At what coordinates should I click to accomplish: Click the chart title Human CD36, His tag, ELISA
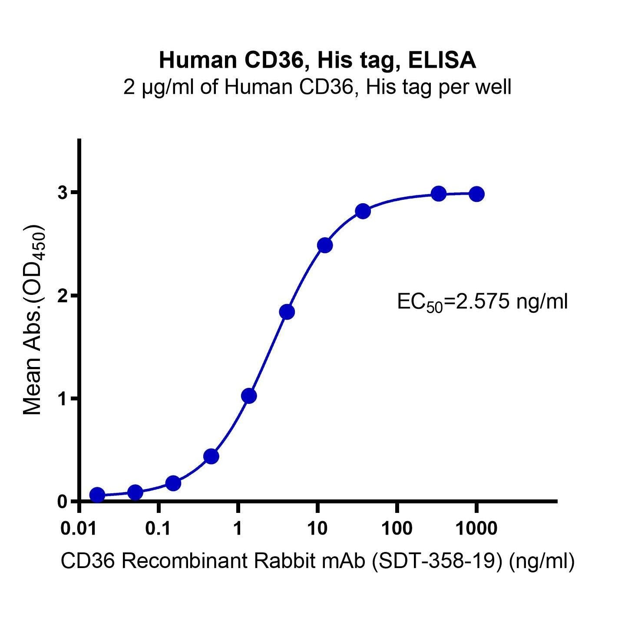(x=317, y=60)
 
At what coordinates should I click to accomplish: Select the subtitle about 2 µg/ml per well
(x=317, y=87)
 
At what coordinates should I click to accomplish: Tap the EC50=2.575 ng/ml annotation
(x=482, y=302)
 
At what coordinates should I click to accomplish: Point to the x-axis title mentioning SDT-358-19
(x=317, y=561)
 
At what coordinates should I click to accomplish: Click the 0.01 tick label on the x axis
(x=79, y=529)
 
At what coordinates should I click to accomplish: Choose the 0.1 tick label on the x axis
(x=159, y=529)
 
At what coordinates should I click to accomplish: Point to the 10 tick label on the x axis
(x=317, y=529)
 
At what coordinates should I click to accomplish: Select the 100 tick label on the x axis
(x=397, y=529)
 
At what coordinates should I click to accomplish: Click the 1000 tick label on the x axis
(x=476, y=529)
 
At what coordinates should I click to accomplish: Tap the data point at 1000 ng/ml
(x=476, y=194)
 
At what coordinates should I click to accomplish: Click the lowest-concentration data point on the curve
(x=97, y=495)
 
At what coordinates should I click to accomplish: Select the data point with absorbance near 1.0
(x=249, y=396)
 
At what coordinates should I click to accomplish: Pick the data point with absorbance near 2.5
(x=325, y=245)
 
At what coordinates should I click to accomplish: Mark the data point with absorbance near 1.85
(x=287, y=312)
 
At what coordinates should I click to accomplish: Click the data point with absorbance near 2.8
(x=363, y=212)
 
